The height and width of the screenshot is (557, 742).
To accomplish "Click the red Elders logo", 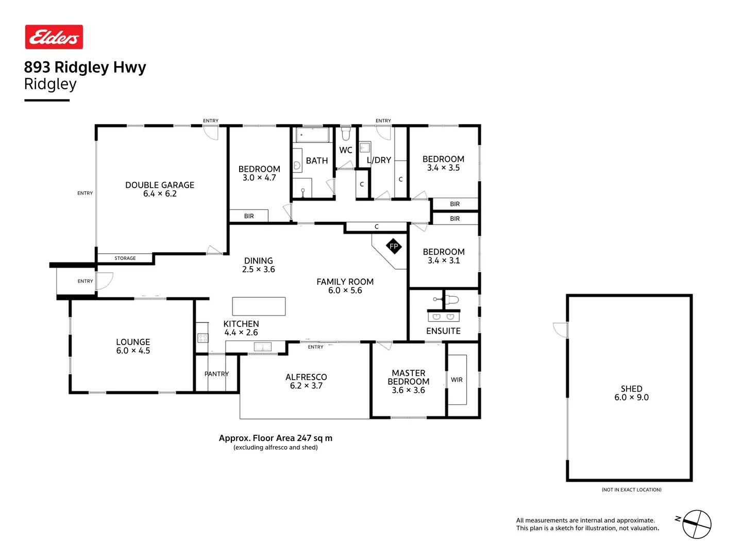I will [54, 37].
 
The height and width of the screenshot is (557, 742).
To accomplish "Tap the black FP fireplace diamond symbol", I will [394, 246].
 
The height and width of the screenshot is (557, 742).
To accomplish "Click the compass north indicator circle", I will [697, 525].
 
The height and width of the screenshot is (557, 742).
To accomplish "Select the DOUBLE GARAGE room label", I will [160, 185].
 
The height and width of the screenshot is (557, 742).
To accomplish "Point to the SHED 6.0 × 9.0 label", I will [631, 393].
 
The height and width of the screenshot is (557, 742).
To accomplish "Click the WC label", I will [346, 150].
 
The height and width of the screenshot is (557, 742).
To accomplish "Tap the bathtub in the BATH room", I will [312, 135].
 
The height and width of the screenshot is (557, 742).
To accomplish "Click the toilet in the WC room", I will [346, 134].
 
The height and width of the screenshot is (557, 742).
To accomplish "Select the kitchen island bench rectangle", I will [259, 306].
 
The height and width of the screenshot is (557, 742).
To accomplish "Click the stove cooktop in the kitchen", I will [203, 338].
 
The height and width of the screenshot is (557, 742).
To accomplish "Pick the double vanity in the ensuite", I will [443, 316].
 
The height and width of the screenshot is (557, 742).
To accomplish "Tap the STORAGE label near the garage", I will [125, 258].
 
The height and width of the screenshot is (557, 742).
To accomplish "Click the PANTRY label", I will [216, 374].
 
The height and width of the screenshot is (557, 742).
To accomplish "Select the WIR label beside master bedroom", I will [457, 380].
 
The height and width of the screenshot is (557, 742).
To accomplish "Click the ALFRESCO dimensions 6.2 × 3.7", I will [306, 386].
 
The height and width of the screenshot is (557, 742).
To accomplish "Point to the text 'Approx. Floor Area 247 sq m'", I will [275, 438].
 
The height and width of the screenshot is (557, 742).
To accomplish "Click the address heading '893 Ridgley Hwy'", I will [85, 67].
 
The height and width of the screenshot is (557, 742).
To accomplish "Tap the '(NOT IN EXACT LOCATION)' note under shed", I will [631, 489].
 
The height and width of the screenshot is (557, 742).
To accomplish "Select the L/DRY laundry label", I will [379, 160].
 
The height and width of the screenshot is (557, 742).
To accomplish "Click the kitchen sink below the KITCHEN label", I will [262, 347].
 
